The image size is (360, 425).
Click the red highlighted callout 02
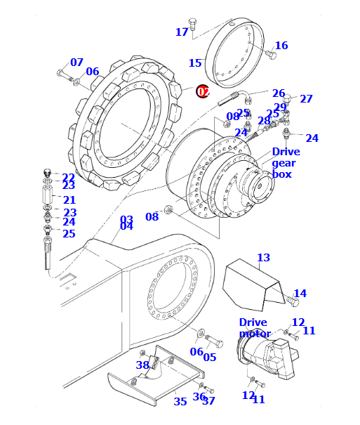(x=203, y=91)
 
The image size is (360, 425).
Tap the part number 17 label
(x=182, y=32)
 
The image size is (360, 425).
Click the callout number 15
(x=195, y=63)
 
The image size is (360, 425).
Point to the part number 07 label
(x=77, y=62)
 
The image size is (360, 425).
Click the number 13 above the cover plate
(x=264, y=257)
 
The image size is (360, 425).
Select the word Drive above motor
(x=253, y=322)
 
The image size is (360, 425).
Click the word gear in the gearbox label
(x=284, y=164)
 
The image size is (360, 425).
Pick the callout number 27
(x=306, y=98)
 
